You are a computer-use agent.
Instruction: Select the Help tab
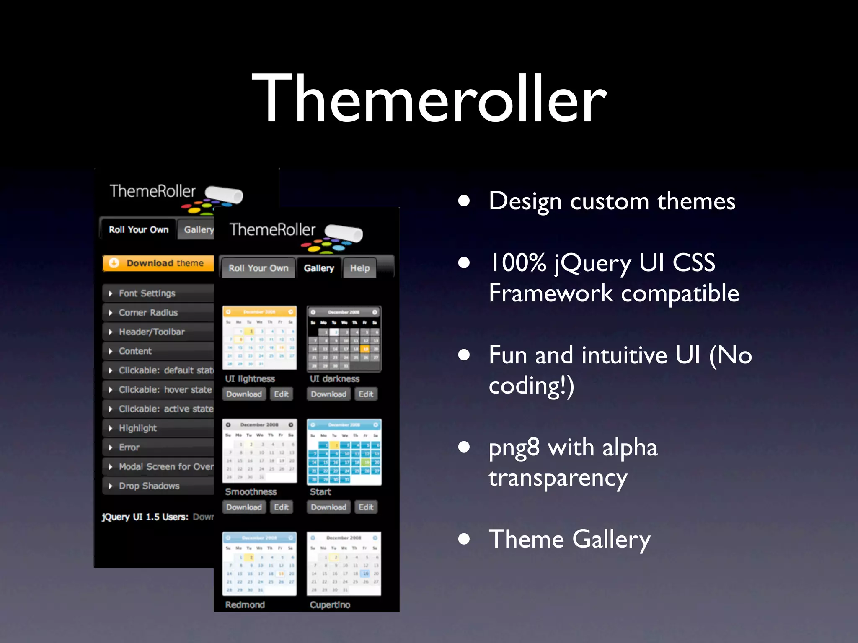click(x=359, y=268)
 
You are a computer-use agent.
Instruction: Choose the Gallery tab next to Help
click(x=319, y=268)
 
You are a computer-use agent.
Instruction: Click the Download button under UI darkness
click(x=328, y=394)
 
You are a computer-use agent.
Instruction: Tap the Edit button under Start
click(x=366, y=507)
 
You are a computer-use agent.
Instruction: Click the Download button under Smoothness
click(x=244, y=507)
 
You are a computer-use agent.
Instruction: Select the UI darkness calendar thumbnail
click(x=344, y=338)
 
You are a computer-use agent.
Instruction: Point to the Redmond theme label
click(x=245, y=604)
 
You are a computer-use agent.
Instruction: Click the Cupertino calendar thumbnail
click(x=344, y=563)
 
